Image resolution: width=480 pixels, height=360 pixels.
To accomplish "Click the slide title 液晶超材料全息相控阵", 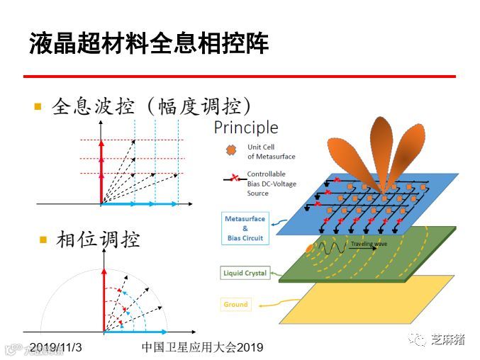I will pyautogui.click(x=149, y=43).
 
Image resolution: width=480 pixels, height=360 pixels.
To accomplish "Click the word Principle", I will pyautogui.click(x=246, y=128).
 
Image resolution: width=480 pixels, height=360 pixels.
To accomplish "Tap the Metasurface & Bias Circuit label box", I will pyautogui.click(x=245, y=229).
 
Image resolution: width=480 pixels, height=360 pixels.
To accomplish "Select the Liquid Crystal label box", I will pyautogui.click(x=245, y=273).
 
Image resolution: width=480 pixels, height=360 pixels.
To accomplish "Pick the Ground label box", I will pyautogui.click(x=236, y=305).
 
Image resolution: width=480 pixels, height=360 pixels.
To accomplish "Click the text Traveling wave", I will pyautogui.click(x=369, y=244).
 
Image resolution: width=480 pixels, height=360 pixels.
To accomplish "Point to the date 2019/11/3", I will pyautogui.click(x=56, y=347).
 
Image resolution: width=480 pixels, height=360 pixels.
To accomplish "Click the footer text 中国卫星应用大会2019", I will pyautogui.click(x=202, y=347).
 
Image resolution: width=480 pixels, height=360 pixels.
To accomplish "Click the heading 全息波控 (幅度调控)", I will pyautogui.click(x=152, y=107).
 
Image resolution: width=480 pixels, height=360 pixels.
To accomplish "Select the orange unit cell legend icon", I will pyautogui.click(x=230, y=151).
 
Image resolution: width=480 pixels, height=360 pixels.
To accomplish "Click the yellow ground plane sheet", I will pyautogui.click(x=369, y=301).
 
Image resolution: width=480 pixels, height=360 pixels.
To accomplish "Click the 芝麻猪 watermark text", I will pyautogui.click(x=447, y=339).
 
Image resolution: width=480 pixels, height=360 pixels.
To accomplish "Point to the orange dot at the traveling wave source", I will pyautogui.click(x=309, y=249).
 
